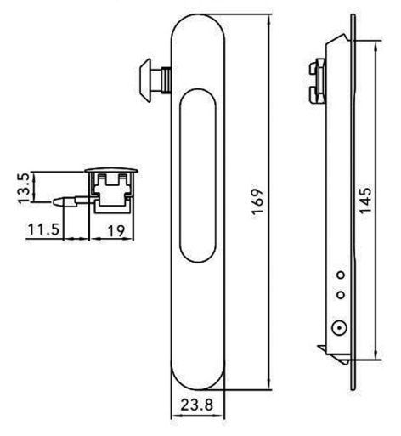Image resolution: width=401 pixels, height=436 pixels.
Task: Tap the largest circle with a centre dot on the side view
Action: [x=337, y=326]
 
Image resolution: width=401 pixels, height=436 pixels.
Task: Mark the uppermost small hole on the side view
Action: [x=340, y=274]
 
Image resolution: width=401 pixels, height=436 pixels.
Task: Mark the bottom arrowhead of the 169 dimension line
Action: [x=268, y=388]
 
